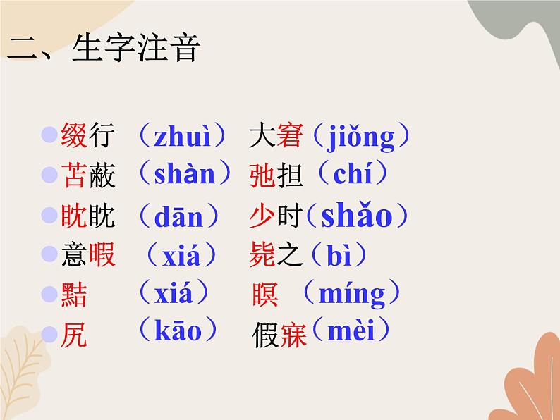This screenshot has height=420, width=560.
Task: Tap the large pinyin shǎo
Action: click(356, 216)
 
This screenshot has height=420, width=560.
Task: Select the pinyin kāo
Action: click(178, 331)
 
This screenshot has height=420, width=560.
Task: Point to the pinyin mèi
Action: click(351, 331)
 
